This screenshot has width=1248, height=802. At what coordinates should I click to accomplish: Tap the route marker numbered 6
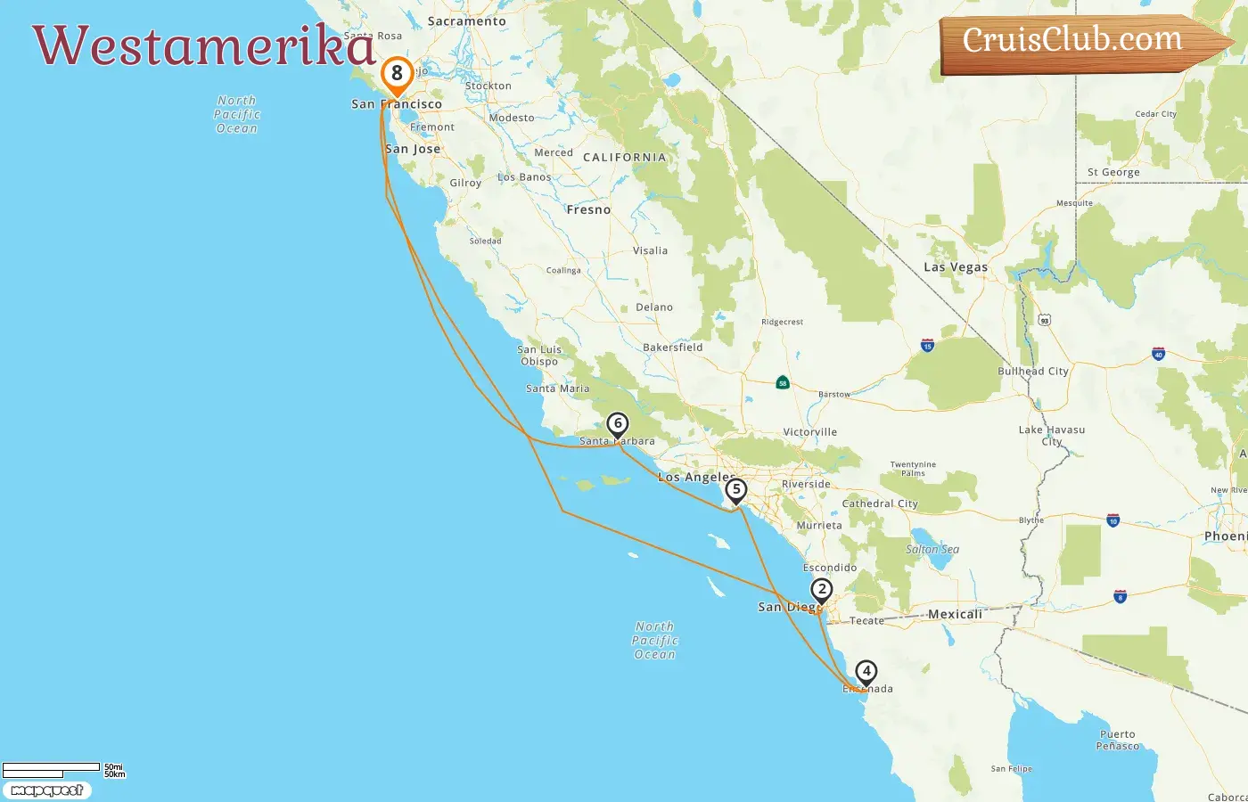pyautogui.click(x=617, y=425)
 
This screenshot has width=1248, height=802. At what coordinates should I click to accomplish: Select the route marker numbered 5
pyautogui.click(x=735, y=490)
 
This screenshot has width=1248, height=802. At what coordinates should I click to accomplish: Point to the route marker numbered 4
pyautogui.click(x=866, y=672)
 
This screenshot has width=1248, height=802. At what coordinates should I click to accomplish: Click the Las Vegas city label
pyautogui.click(x=956, y=267)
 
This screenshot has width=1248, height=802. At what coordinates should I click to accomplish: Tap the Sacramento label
pyautogui.click(x=466, y=21)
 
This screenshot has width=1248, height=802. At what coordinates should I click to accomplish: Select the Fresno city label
pyautogui.click(x=588, y=210)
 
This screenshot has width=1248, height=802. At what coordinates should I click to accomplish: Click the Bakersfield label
pyautogui.click(x=672, y=348)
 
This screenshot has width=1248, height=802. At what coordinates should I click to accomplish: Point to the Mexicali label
pyautogui.click(x=955, y=614)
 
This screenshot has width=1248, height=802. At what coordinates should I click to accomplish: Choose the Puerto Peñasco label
pyautogui.click(x=1117, y=741)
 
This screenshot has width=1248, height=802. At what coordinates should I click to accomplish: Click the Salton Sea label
pyautogui.click(x=932, y=549)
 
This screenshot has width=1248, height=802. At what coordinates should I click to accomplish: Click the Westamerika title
pyautogui.click(x=203, y=45)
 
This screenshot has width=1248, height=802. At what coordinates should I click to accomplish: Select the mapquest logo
pyautogui.click(x=46, y=790)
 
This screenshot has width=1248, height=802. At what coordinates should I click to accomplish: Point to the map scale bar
pyautogui.click(x=51, y=769)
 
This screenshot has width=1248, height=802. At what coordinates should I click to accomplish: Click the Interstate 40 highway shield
pyautogui.click(x=1158, y=354)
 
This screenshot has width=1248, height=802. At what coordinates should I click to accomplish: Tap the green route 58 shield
pyautogui.click(x=783, y=383)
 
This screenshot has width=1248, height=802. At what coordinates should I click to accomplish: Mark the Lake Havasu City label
pyautogui.click(x=1052, y=435)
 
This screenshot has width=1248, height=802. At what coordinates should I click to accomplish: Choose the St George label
pyautogui.click(x=1113, y=173)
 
